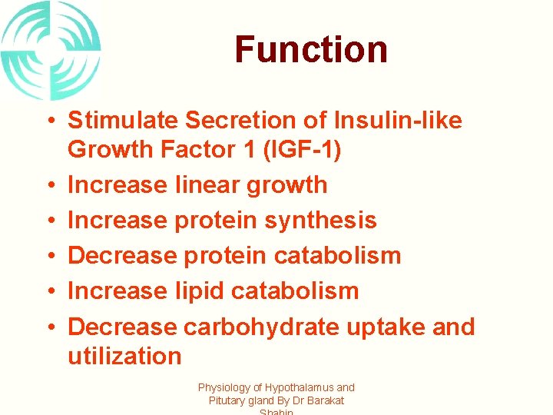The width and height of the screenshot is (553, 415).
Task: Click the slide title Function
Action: [x=311, y=49]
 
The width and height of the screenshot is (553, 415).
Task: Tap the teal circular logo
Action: [x=51, y=50]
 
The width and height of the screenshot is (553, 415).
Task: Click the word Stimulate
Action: [x=124, y=121]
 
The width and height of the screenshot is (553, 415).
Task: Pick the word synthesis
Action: [x=320, y=221]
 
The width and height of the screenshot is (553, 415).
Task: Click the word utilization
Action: [x=124, y=356]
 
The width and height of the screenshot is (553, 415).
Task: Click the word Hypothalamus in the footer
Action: [x=296, y=388]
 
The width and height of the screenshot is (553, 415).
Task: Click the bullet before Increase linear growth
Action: [x=48, y=186]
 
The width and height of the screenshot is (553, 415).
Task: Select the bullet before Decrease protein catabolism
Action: [x=48, y=257]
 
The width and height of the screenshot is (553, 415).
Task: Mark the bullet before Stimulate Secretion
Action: [x=48, y=121]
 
